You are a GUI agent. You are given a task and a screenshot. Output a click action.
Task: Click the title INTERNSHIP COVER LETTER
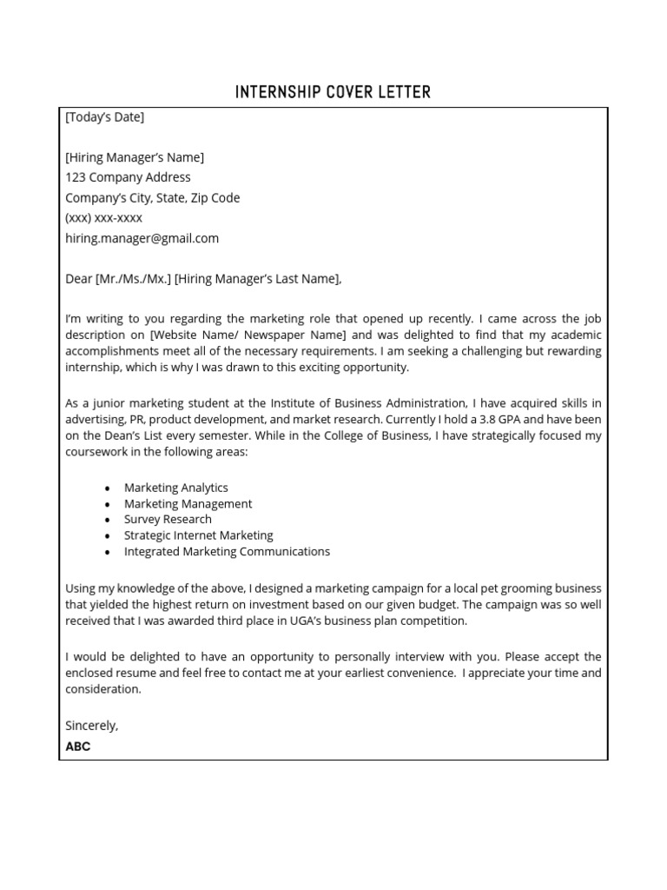(x=333, y=92)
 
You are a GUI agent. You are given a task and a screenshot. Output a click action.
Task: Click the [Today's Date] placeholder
(x=104, y=117)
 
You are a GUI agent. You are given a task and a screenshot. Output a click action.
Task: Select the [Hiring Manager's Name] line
(x=135, y=157)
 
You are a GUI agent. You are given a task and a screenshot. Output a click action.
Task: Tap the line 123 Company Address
(x=128, y=177)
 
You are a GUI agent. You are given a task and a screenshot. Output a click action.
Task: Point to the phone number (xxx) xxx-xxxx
(x=103, y=218)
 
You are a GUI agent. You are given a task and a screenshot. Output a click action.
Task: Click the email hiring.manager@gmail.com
(x=142, y=238)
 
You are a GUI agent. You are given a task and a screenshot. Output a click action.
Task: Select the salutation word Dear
(x=78, y=279)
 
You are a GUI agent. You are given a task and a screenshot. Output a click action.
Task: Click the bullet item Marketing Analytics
(x=176, y=488)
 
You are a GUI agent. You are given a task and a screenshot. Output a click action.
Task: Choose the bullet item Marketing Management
(x=188, y=504)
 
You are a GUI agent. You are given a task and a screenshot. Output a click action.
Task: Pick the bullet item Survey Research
(x=168, y=520)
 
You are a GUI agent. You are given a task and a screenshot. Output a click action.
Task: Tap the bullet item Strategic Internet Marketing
(x=198, y=535)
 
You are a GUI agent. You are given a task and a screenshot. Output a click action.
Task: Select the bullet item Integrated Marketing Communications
(x=227, y=552)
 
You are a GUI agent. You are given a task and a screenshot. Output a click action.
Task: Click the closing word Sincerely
(x=91, y=726)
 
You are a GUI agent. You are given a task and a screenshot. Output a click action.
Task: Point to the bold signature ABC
(x=77, y=747)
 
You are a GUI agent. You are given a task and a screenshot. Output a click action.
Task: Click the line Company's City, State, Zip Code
(x=152, y=198)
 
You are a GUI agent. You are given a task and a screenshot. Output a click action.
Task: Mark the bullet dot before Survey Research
(x=107, y=521)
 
